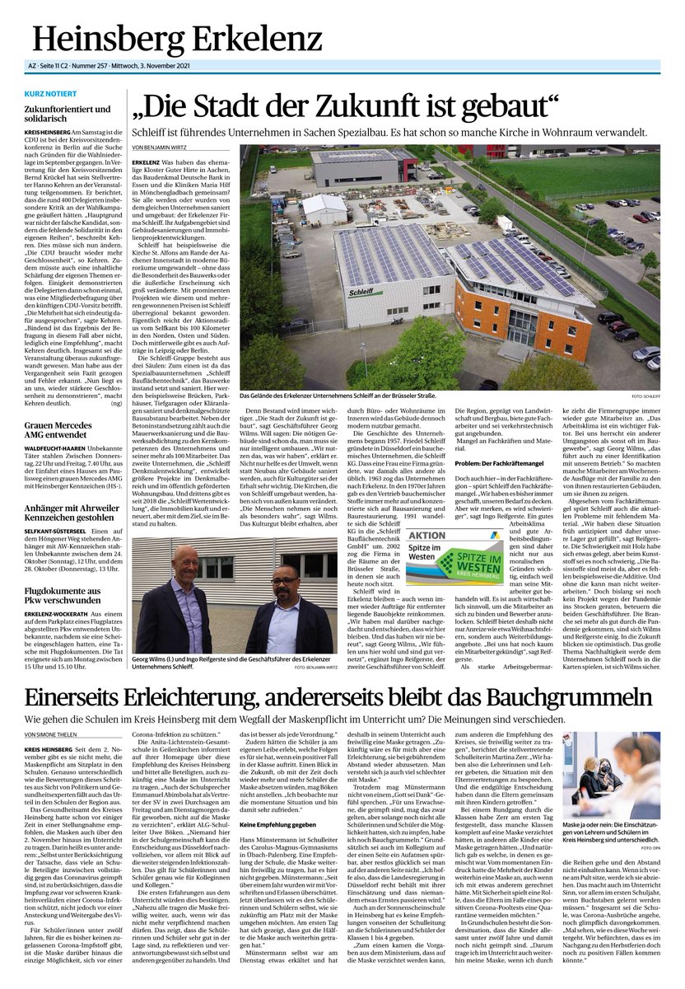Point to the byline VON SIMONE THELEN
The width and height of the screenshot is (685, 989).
55,734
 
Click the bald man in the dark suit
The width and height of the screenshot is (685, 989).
186,602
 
